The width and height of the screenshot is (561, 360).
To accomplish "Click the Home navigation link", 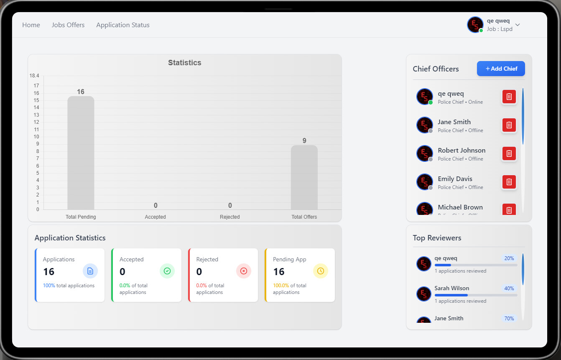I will tap(31, 25).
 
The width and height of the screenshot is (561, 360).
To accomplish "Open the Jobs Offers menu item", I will tap(68, 25).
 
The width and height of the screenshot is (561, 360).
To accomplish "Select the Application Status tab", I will tap(123, 25).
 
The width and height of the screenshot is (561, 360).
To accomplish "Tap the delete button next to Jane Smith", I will tap(509, 125).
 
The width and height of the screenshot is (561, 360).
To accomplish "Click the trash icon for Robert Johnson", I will tap(509, 153).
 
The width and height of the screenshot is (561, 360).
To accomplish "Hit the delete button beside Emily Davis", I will tap(509, 182).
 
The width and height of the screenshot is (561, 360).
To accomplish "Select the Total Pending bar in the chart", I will tap(81, 153).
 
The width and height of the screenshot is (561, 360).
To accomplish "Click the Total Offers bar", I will tap(304, 177).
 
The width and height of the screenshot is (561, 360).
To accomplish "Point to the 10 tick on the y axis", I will tap(36, 137).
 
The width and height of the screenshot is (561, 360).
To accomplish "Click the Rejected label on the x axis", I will tap(230, 217).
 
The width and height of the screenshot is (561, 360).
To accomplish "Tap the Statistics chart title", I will tap(185, 63).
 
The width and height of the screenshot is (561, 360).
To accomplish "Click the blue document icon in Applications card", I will tap(90, 271).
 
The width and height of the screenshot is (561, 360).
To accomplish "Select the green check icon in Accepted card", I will tap(167, 271).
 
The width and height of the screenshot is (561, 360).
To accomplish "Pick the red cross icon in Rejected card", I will tap(244, 271).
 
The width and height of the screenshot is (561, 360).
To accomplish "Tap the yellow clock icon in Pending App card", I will tap(321, 271).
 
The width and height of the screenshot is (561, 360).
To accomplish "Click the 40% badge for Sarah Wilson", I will tap(509, 289).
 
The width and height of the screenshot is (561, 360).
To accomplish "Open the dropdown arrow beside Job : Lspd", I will tap(518, 25).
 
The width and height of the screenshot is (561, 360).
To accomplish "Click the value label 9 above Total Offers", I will tap(304, 141).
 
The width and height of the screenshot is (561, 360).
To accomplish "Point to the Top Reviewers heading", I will tap(437, 238).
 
